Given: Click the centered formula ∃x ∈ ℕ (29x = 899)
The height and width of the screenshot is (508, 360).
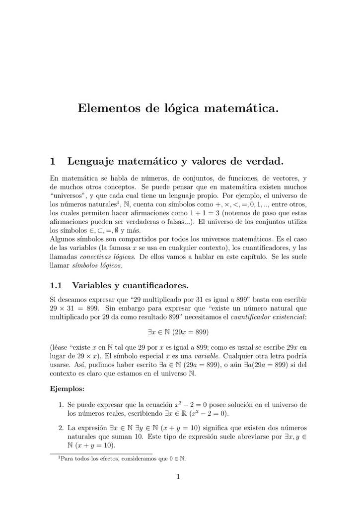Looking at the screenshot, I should (179, 331).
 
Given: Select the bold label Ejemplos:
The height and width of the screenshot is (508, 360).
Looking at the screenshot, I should (68, 388).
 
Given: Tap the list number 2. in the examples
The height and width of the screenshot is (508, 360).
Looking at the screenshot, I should (61, 428).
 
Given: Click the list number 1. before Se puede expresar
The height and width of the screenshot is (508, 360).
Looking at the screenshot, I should (61, 405).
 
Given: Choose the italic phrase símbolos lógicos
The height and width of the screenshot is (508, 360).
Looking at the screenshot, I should (96, 265).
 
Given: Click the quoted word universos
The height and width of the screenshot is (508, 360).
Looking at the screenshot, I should (69, 195).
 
